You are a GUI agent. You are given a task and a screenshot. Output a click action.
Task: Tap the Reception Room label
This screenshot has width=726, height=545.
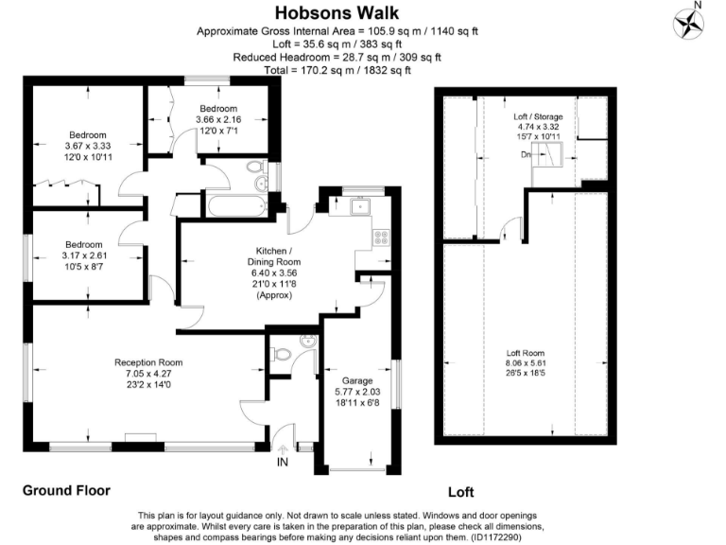148,362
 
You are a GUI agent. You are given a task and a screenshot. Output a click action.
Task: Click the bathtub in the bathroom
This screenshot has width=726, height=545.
233,204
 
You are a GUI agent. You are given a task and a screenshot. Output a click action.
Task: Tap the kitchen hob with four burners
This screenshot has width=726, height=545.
381,237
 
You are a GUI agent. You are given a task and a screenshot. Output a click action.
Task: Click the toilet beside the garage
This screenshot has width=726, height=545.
282,355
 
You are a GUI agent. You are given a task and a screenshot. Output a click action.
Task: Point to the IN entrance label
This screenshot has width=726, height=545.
282,463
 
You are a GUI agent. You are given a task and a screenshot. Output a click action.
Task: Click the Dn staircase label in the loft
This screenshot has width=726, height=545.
526,155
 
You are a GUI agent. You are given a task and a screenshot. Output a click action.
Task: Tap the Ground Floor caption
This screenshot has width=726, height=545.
66,491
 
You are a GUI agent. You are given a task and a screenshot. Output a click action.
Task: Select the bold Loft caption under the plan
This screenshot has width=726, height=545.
461,492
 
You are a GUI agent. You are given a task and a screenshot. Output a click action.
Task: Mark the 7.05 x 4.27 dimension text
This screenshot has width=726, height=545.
148,374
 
